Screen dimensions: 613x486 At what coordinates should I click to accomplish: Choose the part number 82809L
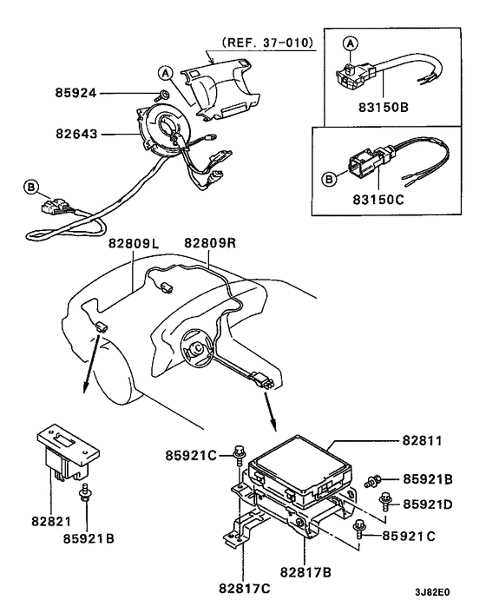(136, 245)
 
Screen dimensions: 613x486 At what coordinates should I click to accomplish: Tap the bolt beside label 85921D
(384, 498)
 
